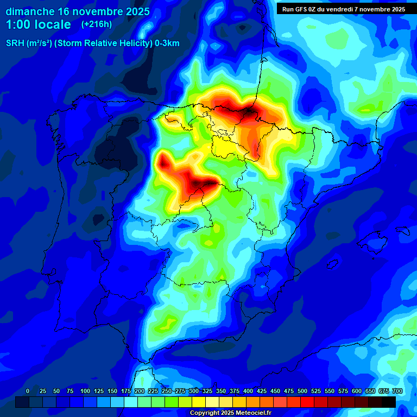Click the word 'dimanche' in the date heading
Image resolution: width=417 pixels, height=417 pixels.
[x=30, y=11]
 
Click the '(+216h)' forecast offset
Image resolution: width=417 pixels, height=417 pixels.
[x=96, y=24]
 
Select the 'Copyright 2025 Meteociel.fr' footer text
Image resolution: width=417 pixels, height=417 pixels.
[x=230, y=413]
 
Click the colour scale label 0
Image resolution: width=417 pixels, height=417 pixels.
[x=28, y=391]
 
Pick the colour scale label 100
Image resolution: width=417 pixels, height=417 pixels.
[x=85, y=391]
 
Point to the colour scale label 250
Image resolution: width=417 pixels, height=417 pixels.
[x=166, y=391]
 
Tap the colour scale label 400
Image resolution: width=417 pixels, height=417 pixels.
[x=248, y=391]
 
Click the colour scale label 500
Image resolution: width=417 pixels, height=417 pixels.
[x=302, y=391]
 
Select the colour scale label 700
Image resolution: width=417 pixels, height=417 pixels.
[x=397, y=391]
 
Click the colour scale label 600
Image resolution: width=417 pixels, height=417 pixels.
[x=357, y=391]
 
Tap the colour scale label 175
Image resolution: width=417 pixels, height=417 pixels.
[x=125, y=391]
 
